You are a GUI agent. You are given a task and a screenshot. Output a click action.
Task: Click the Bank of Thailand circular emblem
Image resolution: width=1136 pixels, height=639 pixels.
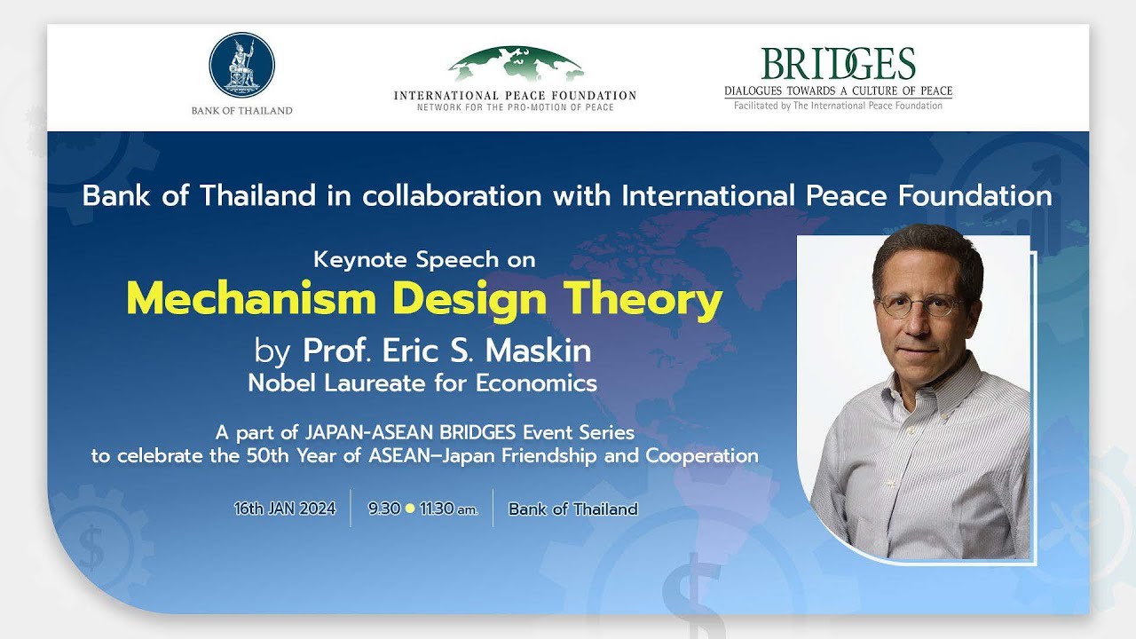click(x=241, y=66)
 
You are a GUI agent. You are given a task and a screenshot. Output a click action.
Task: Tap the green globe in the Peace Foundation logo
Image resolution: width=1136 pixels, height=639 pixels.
click(x=516, y=66)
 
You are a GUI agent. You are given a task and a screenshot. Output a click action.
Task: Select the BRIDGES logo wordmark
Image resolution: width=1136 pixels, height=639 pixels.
click(x=838, y=64)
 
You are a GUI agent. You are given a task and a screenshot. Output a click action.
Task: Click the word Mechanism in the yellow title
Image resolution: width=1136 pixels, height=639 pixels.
click(x=252, y=300)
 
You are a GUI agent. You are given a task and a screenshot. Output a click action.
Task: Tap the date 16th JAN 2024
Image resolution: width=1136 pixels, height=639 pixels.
click(x=285, y=509)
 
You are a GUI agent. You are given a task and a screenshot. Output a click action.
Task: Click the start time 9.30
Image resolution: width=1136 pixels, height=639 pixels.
click(x=383, y=509)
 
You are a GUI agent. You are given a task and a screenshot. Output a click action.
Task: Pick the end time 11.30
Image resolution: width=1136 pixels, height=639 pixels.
click(x=438, y=509)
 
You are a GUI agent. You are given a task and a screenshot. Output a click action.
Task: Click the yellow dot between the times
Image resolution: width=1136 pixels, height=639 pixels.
click(x=409, y=509)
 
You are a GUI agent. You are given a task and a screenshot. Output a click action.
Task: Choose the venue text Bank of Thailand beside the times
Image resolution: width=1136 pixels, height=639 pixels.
click(x=573, y=509)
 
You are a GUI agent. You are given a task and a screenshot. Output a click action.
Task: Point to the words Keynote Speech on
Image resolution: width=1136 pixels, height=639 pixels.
click(x=425, y=260)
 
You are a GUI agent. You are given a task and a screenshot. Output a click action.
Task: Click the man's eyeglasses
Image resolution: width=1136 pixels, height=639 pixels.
click(x=919, y=304)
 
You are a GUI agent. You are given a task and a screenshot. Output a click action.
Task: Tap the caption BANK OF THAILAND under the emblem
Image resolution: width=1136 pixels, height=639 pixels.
click(x=241, y=111)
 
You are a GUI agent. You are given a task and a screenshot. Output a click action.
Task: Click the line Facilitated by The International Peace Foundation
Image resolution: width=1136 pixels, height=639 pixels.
click(x=838, y=106)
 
